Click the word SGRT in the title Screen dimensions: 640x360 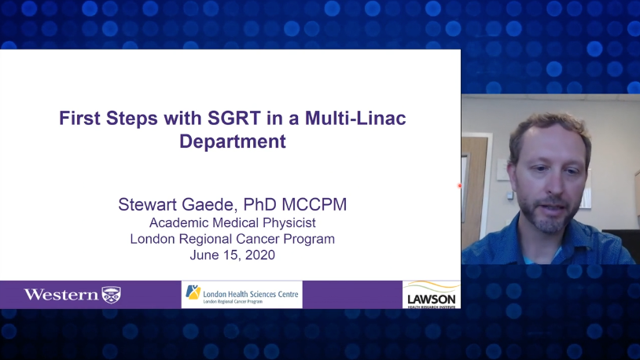coord(234,119)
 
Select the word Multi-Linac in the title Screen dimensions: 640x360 coord(355,119)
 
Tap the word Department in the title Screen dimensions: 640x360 coord(233,141)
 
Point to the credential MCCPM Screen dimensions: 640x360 coord(314,204)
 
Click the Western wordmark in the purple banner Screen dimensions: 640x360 coord(61,295)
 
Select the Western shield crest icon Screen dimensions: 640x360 coord(111,295)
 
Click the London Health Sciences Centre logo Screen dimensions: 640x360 coord(242,294)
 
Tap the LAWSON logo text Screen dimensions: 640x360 coord(432,299)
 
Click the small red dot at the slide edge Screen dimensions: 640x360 coord(460,186)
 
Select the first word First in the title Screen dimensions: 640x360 coord(79,119)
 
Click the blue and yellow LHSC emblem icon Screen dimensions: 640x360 coord(193,292)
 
